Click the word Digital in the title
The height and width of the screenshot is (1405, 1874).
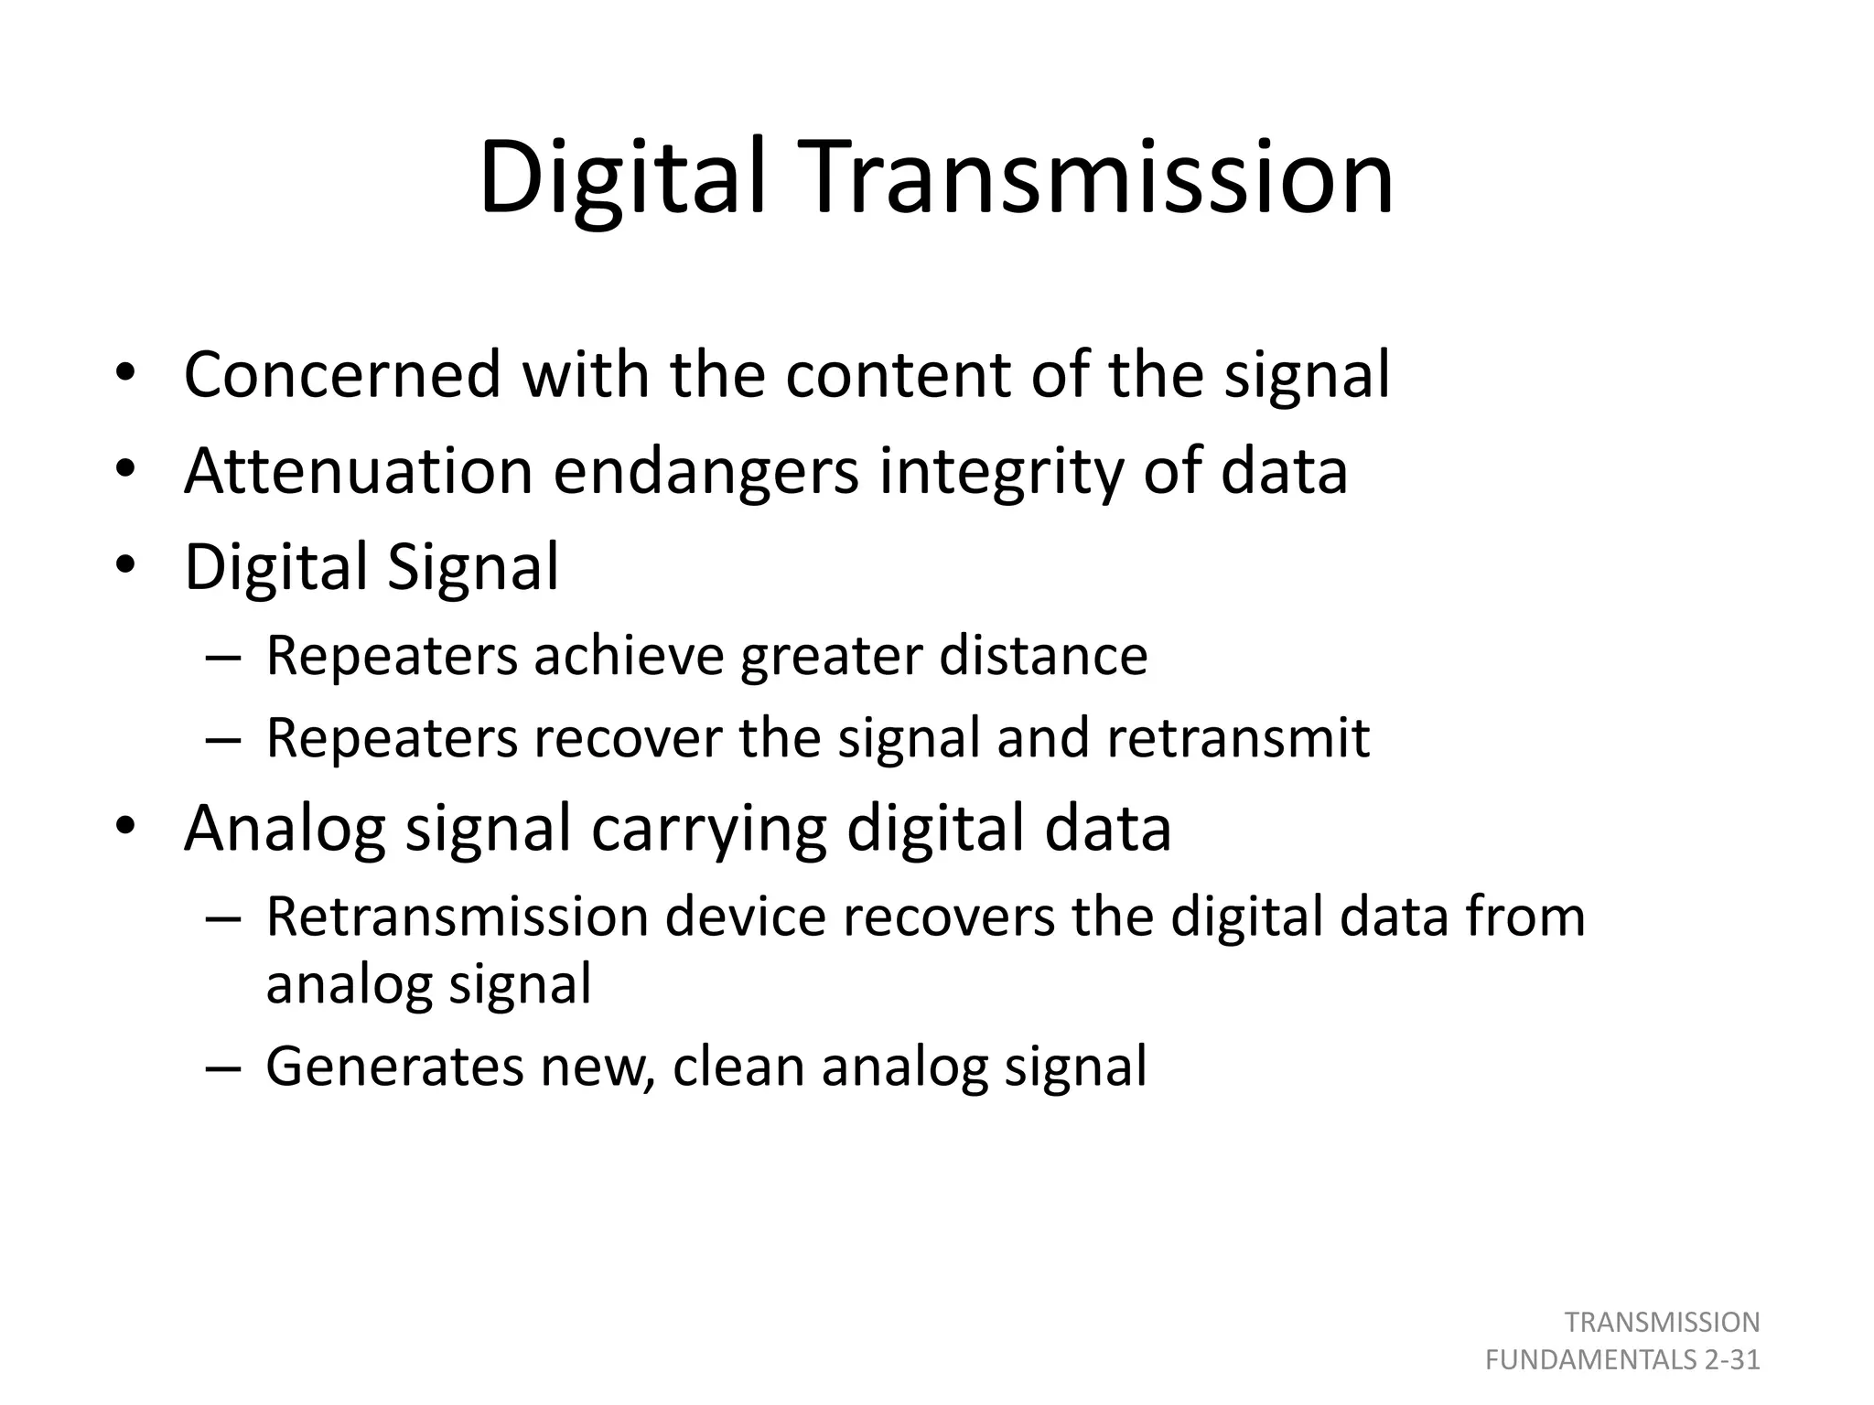click(621, 177)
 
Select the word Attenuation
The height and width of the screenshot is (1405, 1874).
click(358, 470)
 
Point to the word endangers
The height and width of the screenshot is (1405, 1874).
click(705, 470)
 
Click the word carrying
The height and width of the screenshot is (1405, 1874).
click(709, 829)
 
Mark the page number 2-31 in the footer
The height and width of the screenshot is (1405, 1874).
click(1732, 1360)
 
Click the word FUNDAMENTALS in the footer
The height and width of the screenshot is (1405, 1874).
click(1591, 1360)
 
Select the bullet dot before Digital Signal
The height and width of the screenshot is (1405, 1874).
click(125, 565)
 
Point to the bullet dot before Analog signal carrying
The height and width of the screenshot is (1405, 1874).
click(125, 827)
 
